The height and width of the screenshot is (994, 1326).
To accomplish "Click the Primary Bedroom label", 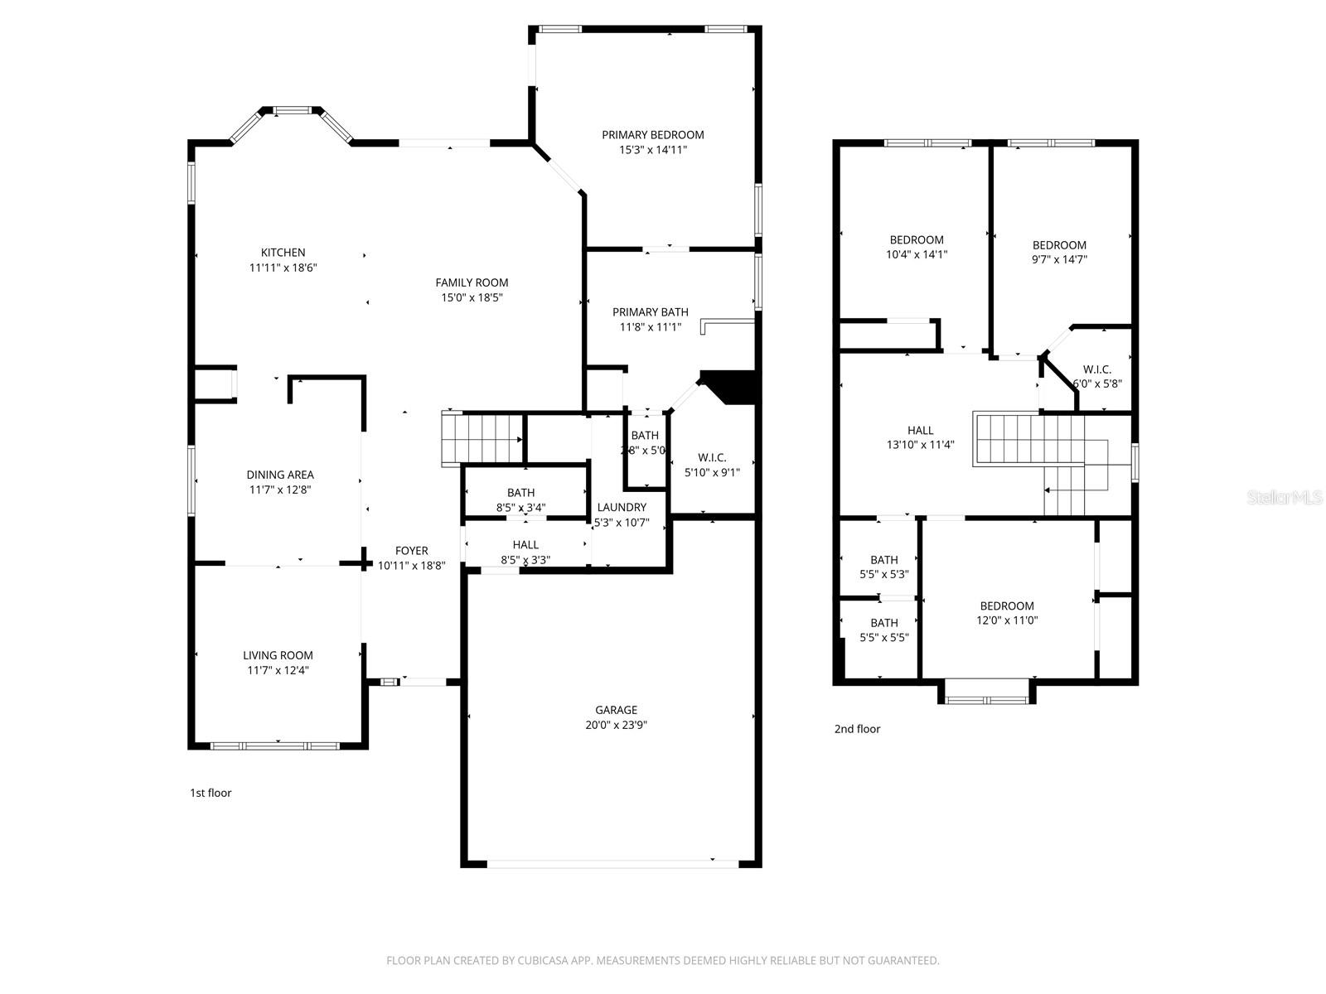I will pyautogui.click(x=652, y=135).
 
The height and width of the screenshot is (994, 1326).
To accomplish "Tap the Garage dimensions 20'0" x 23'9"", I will pyautogui.click(x=616, y=725).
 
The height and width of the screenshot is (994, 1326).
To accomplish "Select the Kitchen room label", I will pyautogui.click(x=283, y=253).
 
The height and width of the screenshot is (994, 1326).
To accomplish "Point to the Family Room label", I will pyautogui.click(x=472, y=282).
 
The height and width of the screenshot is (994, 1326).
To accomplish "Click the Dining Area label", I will pyautogui.click(x=279, y=475).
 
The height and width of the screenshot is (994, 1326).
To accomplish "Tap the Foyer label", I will pyautogui.click(x=411, y=551).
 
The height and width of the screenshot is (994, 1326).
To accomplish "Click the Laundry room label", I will pyautogui.click(x=621, y=508).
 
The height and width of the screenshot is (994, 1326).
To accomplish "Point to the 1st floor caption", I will pyautogui.click(x=211, y=793).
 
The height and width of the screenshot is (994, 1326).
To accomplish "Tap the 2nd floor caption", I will pyautogui.click(x=857, y=729).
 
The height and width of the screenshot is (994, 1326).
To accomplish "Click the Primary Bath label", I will pyautogui.click(x=650, y=312).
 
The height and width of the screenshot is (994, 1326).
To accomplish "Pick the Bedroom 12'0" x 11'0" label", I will pyautogui.click(x=1007, y=606).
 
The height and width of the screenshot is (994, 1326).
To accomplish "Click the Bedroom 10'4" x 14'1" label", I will pyautogui.click(x=916, y=240).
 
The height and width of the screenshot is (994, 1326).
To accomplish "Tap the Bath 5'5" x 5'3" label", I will pyautogui.click(x=883, y=560).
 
